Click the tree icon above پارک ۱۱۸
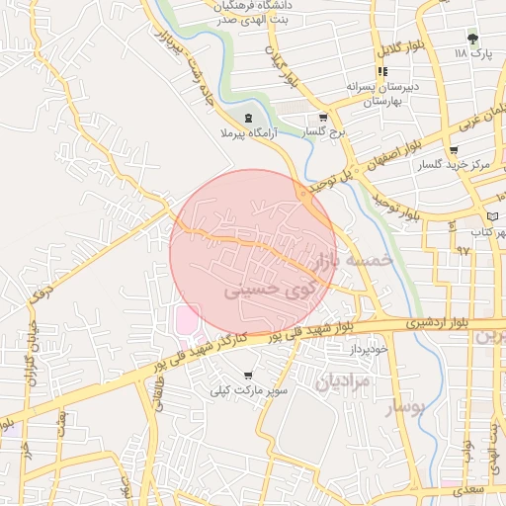[x=473, y=39]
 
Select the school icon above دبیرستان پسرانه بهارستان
[x=382, y=71]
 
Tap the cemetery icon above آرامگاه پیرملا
[x=247, y=118]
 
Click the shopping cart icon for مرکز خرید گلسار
[x=454, y=150]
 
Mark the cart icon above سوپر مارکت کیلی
[x=247, y=376]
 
